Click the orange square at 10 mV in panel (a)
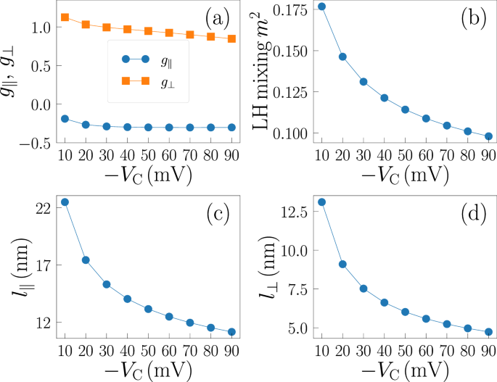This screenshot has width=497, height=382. coord(65,17)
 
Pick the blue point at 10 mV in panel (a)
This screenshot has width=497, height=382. coord(65,118)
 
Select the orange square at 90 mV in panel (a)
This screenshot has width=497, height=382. coord(231,38)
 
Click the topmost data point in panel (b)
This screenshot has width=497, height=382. coord(322,7)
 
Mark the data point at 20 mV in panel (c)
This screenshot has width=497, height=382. coord(86,259)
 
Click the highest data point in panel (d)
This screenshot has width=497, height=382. coord(322,202)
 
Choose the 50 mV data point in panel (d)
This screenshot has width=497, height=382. coord(406,312)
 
